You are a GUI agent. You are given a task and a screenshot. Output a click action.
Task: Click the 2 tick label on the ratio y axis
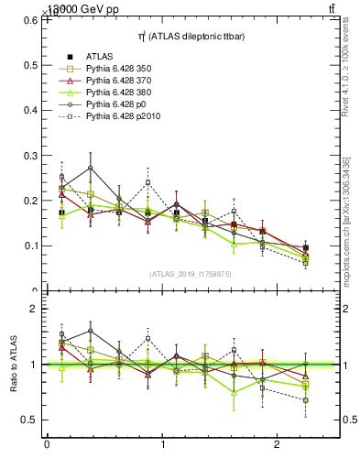click(x=38, y=309)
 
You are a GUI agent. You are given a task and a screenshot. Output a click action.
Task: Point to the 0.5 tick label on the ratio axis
click(x=33, y=420)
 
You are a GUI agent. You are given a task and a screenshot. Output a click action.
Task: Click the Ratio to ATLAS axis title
click(x=14, y=365)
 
